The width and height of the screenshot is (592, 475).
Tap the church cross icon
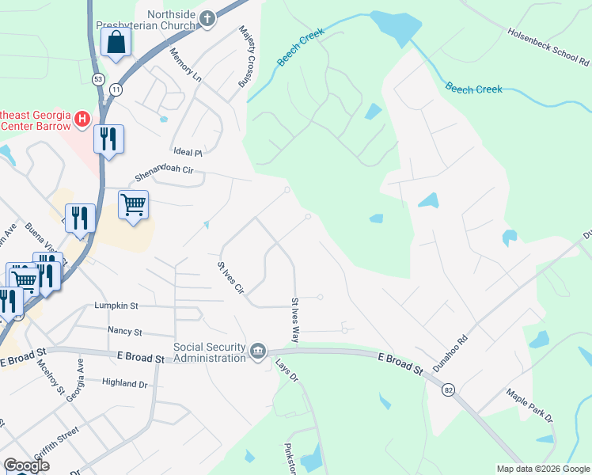207,19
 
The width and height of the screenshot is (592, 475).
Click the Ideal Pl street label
188,151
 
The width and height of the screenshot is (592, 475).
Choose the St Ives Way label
294,320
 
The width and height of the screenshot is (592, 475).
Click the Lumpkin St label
116,305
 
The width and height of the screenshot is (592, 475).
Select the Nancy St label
124,332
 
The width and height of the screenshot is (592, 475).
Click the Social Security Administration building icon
258,351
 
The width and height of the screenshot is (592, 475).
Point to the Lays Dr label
286,370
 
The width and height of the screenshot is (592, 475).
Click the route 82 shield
450,389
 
